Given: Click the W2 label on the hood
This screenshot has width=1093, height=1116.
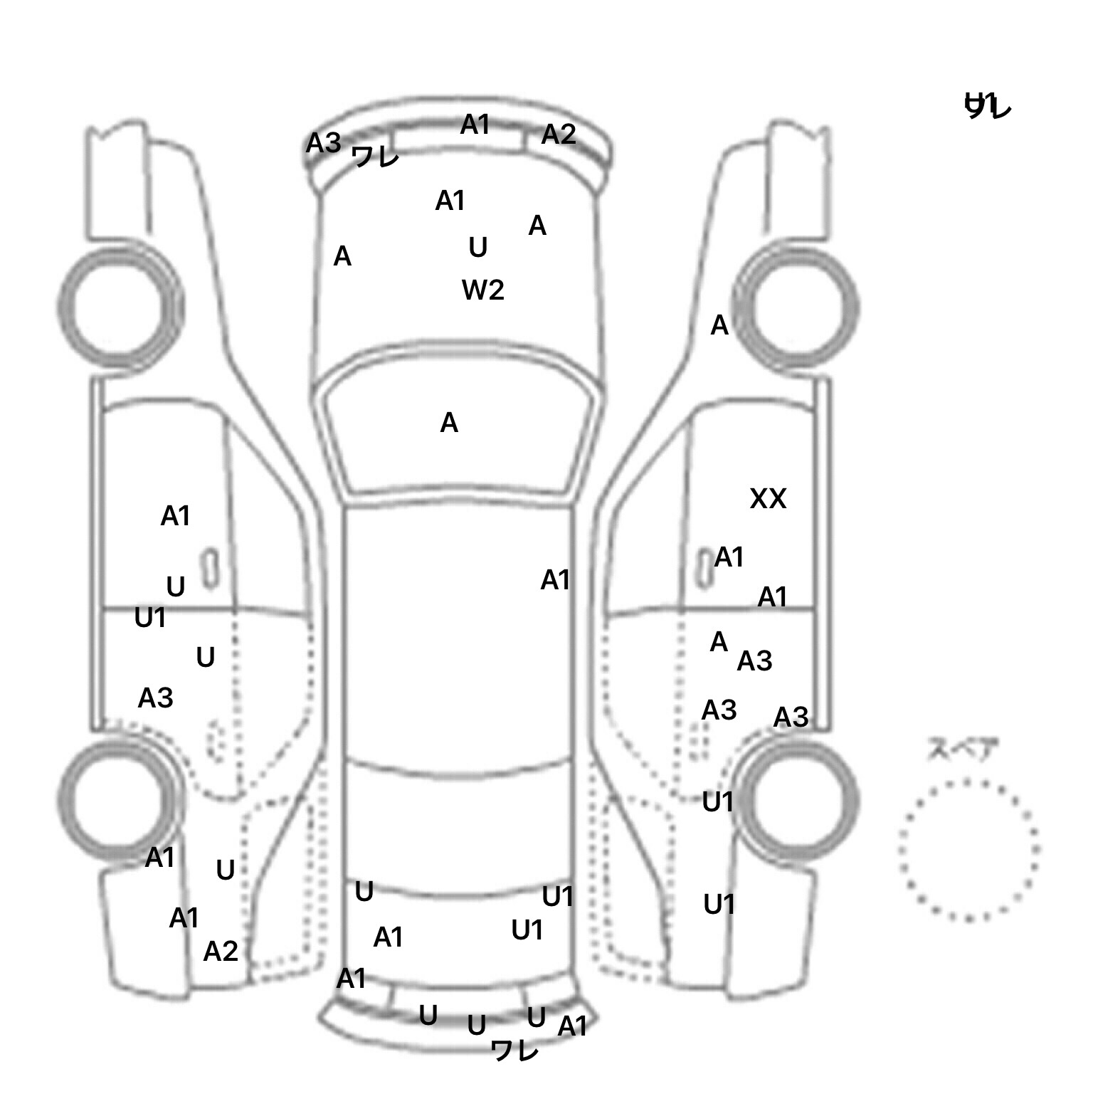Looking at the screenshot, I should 483,290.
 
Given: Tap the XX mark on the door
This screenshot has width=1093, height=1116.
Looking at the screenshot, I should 768,499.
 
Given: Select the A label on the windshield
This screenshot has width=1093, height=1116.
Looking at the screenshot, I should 449,423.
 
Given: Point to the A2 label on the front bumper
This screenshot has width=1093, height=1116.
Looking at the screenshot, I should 558,135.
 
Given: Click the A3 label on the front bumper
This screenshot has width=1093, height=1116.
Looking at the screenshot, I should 323,144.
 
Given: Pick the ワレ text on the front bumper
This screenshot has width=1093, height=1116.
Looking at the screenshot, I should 375,157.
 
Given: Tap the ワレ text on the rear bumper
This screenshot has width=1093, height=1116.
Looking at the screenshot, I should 514,1051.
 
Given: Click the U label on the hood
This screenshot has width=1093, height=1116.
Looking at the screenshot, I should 478,248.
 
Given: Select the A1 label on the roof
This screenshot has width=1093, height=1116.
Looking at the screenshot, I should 555,581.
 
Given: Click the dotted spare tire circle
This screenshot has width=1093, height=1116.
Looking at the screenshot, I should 968,849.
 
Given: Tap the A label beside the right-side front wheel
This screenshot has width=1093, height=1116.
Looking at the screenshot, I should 719,326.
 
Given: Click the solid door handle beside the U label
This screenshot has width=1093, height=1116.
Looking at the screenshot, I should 210,569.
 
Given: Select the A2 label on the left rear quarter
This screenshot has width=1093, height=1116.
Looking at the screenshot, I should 221,952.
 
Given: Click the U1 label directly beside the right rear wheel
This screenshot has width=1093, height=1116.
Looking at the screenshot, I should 717,803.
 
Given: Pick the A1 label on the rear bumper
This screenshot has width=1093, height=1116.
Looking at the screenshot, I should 573,1026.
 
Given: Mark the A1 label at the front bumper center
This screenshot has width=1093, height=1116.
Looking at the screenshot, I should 475,125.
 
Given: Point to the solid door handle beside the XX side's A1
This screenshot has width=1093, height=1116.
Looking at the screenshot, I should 704,568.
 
